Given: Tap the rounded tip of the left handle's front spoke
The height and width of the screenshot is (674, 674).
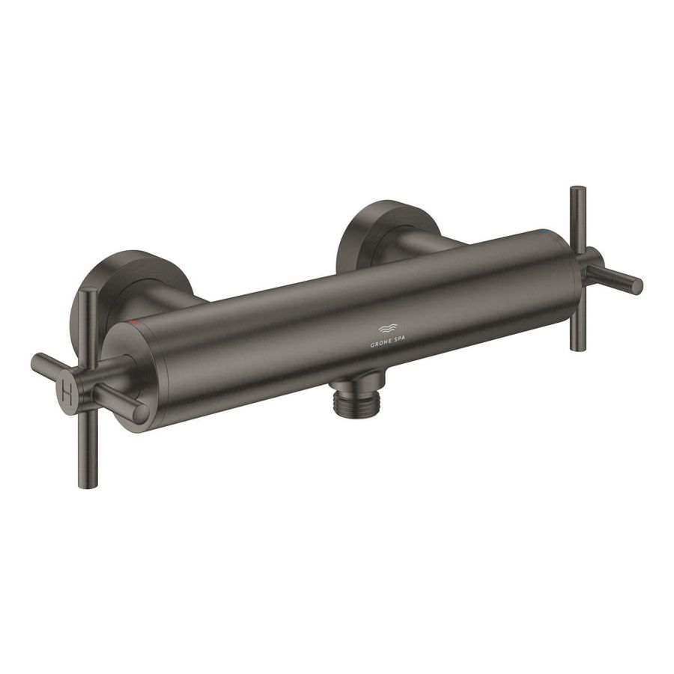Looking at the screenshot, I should pos(140,413).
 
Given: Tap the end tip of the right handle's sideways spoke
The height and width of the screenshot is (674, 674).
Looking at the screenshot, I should pos(637,285).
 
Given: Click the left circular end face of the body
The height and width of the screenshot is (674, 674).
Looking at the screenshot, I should pos(135,374).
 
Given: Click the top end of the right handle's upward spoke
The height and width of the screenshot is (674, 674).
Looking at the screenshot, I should pos(577,190).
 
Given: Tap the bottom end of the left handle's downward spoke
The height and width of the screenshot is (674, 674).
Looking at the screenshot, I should pos(88,484).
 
